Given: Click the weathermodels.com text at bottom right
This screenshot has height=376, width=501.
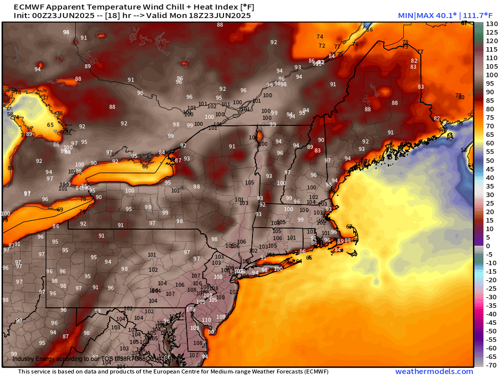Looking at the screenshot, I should coord(434,371).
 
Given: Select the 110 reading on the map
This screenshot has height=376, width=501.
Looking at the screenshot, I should coord(206,320).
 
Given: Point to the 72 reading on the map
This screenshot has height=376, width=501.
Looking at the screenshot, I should coord(322,46).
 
